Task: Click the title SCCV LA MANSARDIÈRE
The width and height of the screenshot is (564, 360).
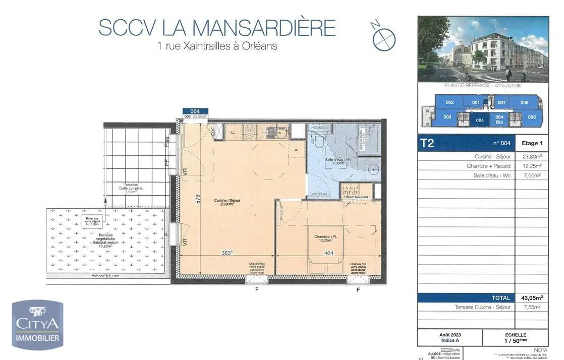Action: pos(217,27)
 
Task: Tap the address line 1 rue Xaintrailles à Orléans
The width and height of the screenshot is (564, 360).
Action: pos(217,46)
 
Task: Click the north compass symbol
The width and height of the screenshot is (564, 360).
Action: pos(383,36)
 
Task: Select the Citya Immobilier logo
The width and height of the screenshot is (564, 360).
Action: pos(38,325)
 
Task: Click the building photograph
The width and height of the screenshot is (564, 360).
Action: pos(483,49)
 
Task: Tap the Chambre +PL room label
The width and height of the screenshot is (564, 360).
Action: pos(323,238)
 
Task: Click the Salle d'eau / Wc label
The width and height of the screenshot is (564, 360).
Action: pos(334,161)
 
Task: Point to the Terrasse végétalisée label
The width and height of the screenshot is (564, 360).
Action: pos(106,238)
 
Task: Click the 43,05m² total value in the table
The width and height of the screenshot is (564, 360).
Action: pos(531,298)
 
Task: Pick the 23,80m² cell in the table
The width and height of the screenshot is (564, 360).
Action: pos(531,157)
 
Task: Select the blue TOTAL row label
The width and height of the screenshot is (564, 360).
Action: pos(499,298)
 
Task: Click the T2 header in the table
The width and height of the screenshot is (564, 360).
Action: pos(427,143)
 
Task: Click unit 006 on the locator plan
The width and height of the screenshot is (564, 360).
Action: pos(524,102)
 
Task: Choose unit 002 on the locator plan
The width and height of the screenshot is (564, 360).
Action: pos(449,102)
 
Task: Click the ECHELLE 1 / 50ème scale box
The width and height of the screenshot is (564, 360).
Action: pos(515,338)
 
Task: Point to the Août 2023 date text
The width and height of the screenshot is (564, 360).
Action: pos(450,335)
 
